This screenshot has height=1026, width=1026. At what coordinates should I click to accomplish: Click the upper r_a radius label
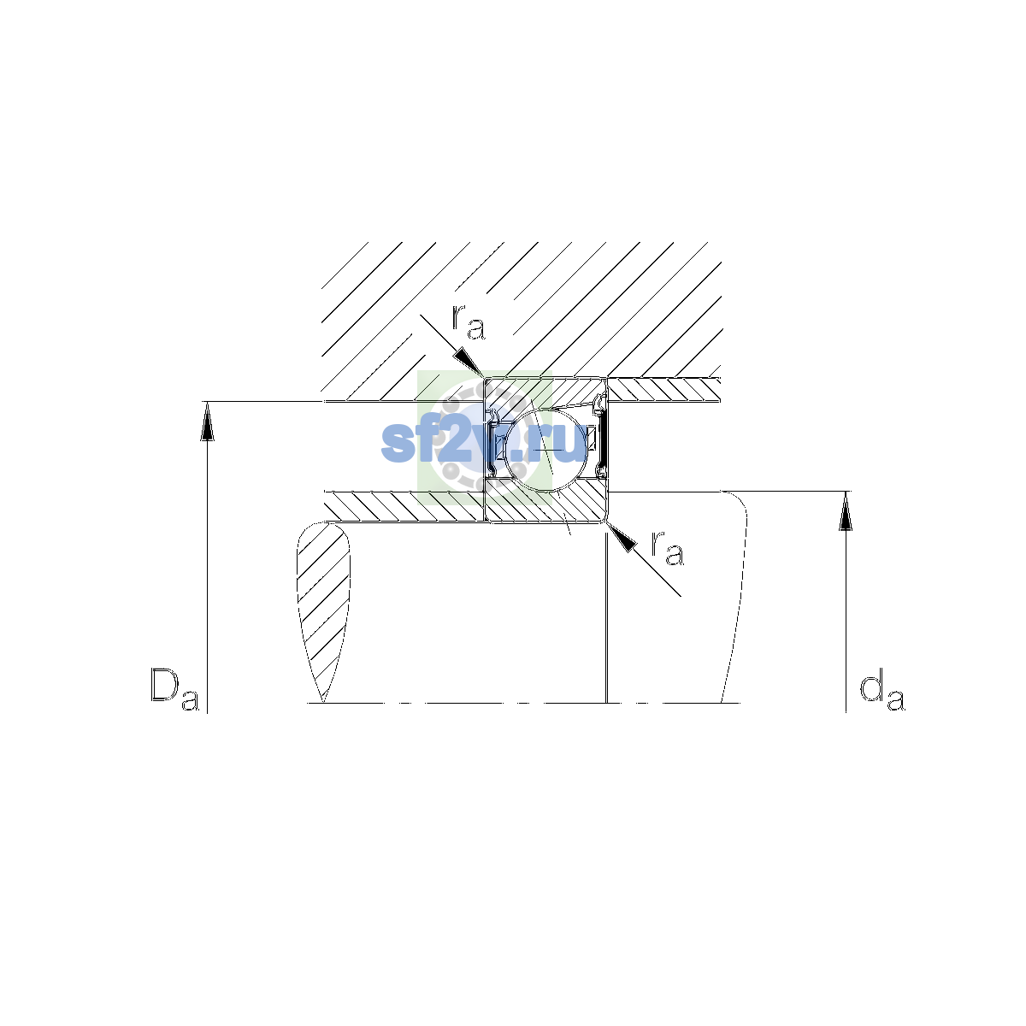tap(468, 322)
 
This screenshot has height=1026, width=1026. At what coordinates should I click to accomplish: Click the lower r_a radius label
tap(668, 547)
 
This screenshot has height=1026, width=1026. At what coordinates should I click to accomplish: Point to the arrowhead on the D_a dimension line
tap(207, 422)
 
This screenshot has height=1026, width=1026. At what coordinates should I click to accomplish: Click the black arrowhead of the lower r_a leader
tap(622, 537)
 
